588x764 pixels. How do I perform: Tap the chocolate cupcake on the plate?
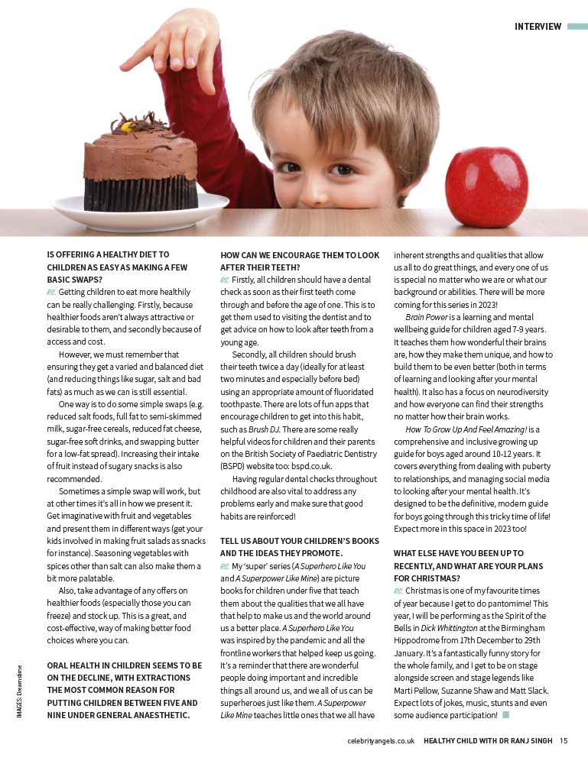coord(140,163)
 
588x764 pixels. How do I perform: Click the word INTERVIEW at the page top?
coord(538,27)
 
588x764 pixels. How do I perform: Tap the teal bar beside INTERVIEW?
coord(577,27)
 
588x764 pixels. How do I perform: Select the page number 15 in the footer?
coord(563,740)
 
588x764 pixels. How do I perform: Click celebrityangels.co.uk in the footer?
coord(380,740)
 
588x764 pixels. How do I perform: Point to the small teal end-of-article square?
coord(505,714)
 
